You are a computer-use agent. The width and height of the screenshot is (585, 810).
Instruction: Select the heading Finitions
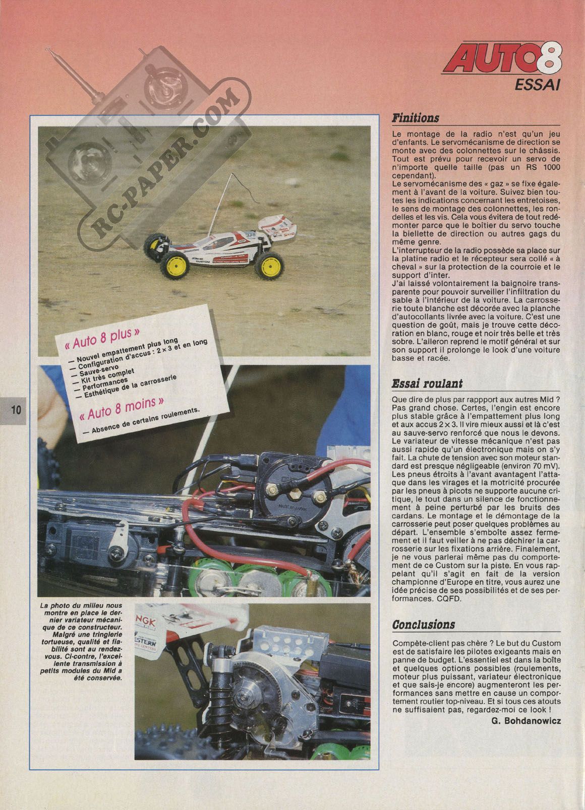(416, 118)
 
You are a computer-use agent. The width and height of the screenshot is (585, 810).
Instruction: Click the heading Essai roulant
(427, 384)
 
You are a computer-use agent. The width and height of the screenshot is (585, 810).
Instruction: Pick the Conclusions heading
(424, 625)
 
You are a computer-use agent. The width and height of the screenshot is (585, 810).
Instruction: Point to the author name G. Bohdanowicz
(525, 720)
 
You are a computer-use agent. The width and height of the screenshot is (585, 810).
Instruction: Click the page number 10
(16, 409)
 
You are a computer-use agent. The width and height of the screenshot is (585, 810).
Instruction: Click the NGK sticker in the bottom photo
(146, 623)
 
